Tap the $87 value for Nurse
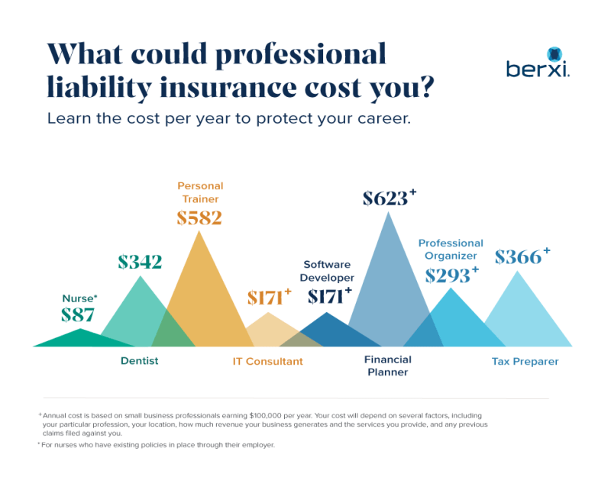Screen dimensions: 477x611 pos(77,314)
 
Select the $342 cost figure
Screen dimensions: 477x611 pos(140,263)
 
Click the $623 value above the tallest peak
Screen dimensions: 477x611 pos(386,199)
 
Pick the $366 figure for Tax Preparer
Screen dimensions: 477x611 pos(519,257)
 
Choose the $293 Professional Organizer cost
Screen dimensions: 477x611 pos(448,275)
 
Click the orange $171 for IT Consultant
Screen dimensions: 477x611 pos(265,298)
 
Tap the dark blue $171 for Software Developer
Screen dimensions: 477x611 pos(326,296)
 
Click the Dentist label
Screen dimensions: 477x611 pos(140,361)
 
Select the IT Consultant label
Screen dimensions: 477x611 pos(268,361)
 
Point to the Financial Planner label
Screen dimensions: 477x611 pos(387,366)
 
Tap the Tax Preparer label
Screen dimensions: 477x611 pos(525,361)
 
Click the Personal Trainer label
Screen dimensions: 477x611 pos(199,192)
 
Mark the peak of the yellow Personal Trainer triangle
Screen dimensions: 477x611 pos(199,232)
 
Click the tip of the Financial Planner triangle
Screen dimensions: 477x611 pos(390,214)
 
